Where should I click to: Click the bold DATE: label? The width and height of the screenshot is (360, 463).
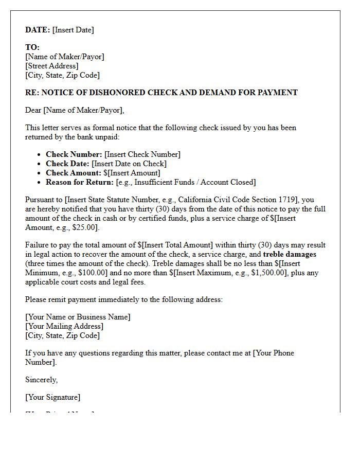(x=38, y=30)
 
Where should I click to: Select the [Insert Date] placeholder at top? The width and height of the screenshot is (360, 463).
(x=73, y=30)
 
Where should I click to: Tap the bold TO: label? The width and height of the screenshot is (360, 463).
(x=32, y=47)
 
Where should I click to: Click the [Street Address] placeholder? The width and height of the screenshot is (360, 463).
(x=52, y=66)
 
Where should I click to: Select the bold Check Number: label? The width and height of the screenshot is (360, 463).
(x=74, y=154)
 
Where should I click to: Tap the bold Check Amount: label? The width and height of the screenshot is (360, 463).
(x=74, y=173)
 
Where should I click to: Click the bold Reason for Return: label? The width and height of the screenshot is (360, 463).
(x=80, y=182)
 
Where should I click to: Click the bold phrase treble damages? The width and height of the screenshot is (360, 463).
(x=290, y=254)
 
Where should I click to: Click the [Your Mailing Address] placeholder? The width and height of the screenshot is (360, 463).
(x=64, y=326)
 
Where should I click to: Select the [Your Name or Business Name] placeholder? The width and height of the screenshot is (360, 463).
(x=78, y=317)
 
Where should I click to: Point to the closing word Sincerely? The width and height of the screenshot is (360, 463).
(x=41, y=380)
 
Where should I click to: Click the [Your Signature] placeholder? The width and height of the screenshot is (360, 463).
(x=53, y=397)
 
